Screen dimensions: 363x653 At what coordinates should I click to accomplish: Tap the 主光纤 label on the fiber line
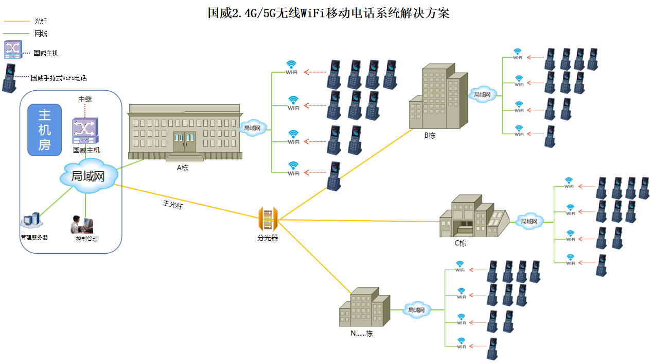tap(173, 204)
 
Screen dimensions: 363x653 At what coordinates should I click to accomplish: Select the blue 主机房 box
tap(44, 129)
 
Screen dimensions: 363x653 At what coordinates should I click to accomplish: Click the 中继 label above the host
tap(84, 98)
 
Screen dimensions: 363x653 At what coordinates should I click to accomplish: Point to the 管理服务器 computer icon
tap(31, 221)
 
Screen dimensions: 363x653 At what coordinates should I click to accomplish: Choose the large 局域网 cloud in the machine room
tap(87, 177)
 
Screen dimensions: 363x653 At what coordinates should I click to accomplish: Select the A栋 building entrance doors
tap(184, 141)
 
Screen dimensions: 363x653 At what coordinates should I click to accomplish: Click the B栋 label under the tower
tap(430, 136)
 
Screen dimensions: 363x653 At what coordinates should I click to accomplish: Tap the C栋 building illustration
tap(473, 216)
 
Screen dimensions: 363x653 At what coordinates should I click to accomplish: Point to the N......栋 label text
tap(361, 333)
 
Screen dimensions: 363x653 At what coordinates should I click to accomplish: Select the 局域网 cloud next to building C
tap(529, 221)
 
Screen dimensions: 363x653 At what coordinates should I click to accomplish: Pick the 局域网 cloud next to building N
tap(416, 309)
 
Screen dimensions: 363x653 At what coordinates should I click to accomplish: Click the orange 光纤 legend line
tap(17, 22)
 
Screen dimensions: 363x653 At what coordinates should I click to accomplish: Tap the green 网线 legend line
tap(17, 34)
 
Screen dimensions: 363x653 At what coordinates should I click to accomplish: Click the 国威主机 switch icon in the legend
tap(13, 50)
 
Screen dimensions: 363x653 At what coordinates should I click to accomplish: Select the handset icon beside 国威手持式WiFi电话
tap(9, 79)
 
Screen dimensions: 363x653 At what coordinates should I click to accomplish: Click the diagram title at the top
tap(328, 13)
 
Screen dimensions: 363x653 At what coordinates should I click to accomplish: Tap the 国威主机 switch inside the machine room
tap(84, 131)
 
